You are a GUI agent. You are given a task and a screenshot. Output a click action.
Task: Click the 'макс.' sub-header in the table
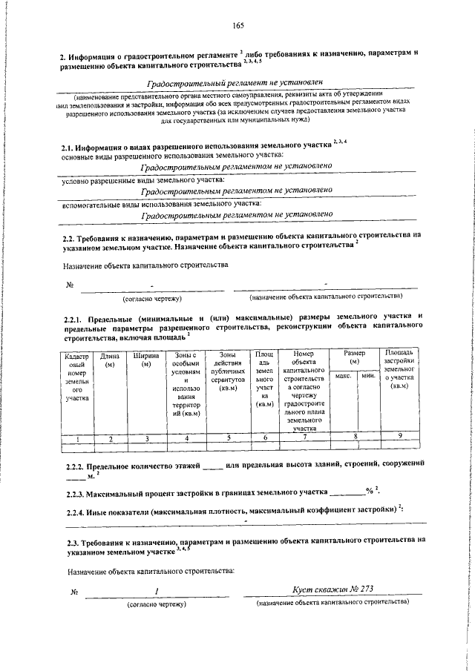tap(343, 377)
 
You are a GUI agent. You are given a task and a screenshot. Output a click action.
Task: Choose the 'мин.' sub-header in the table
tap(367, 377)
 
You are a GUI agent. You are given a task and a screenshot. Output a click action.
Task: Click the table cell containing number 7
tap(304, 438)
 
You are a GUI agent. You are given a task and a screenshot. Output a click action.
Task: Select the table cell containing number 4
tap(186, 438)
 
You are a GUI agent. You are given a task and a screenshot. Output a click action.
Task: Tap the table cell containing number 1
tap(76, 438)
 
